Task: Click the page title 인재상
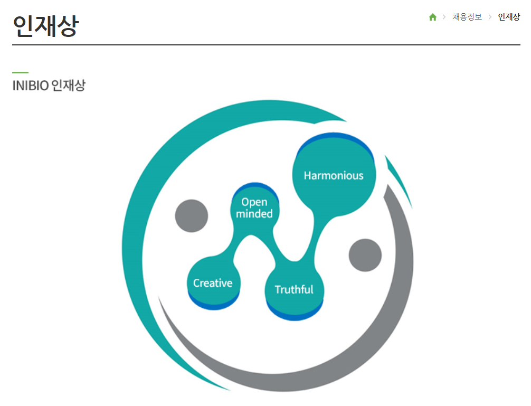(45, 25)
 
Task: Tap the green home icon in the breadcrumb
(433, 17)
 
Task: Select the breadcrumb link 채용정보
(467, 17)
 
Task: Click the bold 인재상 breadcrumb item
(509, 17)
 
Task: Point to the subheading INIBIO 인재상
(49, 86)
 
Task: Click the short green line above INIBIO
(20, 72)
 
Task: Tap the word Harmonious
(334, 176)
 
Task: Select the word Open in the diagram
(254, 202)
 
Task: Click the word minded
(254, 214)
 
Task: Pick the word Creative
(213, 283)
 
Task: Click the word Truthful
(294, 289)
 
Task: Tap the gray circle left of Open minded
(192, 216)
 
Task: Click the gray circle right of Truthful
(365, 255)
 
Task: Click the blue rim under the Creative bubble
(214, 306)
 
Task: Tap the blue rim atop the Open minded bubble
(255, 185)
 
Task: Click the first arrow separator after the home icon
(444, 17)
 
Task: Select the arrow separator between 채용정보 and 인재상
(490, 17)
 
